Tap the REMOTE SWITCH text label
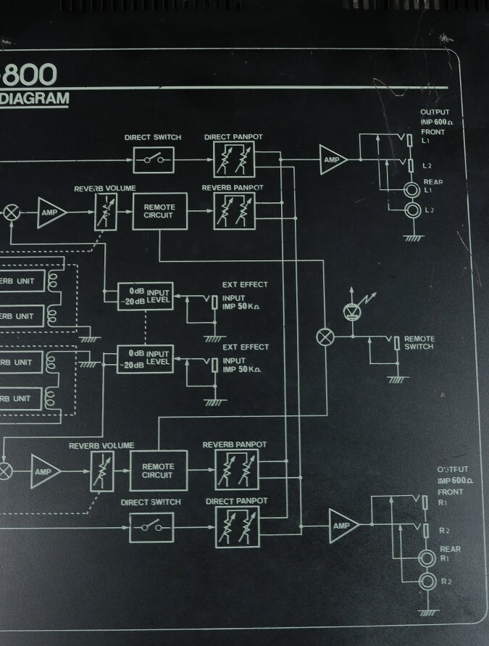coord(419,343)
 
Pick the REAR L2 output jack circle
coord(413,210)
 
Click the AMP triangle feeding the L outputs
coord(333,159)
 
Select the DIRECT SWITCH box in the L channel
coord(153,159)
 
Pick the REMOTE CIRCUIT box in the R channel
coord(158,471)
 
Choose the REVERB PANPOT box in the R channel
coord(235,470)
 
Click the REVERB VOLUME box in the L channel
coord(106,212)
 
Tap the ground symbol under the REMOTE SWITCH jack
coord(394,378)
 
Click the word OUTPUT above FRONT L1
coord(435,112)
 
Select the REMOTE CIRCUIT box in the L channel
coord(159,212)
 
